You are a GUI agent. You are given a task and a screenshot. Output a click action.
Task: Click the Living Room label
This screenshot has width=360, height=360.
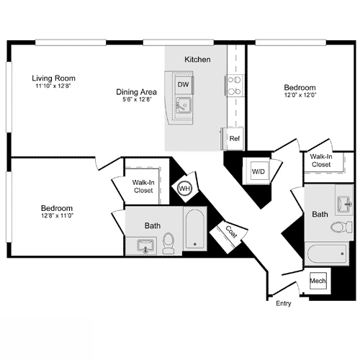(x=54, y=78)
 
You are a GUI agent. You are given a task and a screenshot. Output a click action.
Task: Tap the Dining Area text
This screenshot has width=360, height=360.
(x=138, y=91)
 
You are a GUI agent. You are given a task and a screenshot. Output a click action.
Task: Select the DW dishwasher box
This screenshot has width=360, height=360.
(x=183, y=84)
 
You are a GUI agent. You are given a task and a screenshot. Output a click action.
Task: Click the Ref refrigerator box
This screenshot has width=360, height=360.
(x=234, y=138)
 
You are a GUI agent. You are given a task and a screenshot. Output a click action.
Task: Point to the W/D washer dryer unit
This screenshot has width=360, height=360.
(x=258, y=171)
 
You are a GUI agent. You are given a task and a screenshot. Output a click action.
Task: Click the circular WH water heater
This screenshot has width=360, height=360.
(x=184, y=188)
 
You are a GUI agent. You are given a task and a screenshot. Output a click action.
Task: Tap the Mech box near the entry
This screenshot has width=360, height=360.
(x=318, y=281)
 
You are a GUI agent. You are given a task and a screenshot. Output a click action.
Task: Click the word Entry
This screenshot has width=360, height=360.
(x=284, y=304)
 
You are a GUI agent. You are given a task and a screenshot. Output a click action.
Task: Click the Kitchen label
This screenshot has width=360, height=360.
(x=197, y=59)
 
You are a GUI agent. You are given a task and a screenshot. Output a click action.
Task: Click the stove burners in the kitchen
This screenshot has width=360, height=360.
(x=234, y=85)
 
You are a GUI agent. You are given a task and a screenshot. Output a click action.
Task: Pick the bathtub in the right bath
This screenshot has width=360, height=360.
(x=328, y=253)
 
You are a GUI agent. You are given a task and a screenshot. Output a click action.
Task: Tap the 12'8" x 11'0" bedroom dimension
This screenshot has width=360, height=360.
(x=57, y=215)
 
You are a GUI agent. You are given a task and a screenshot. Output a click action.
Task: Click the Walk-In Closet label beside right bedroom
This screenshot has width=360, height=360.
(x=321, y=160)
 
